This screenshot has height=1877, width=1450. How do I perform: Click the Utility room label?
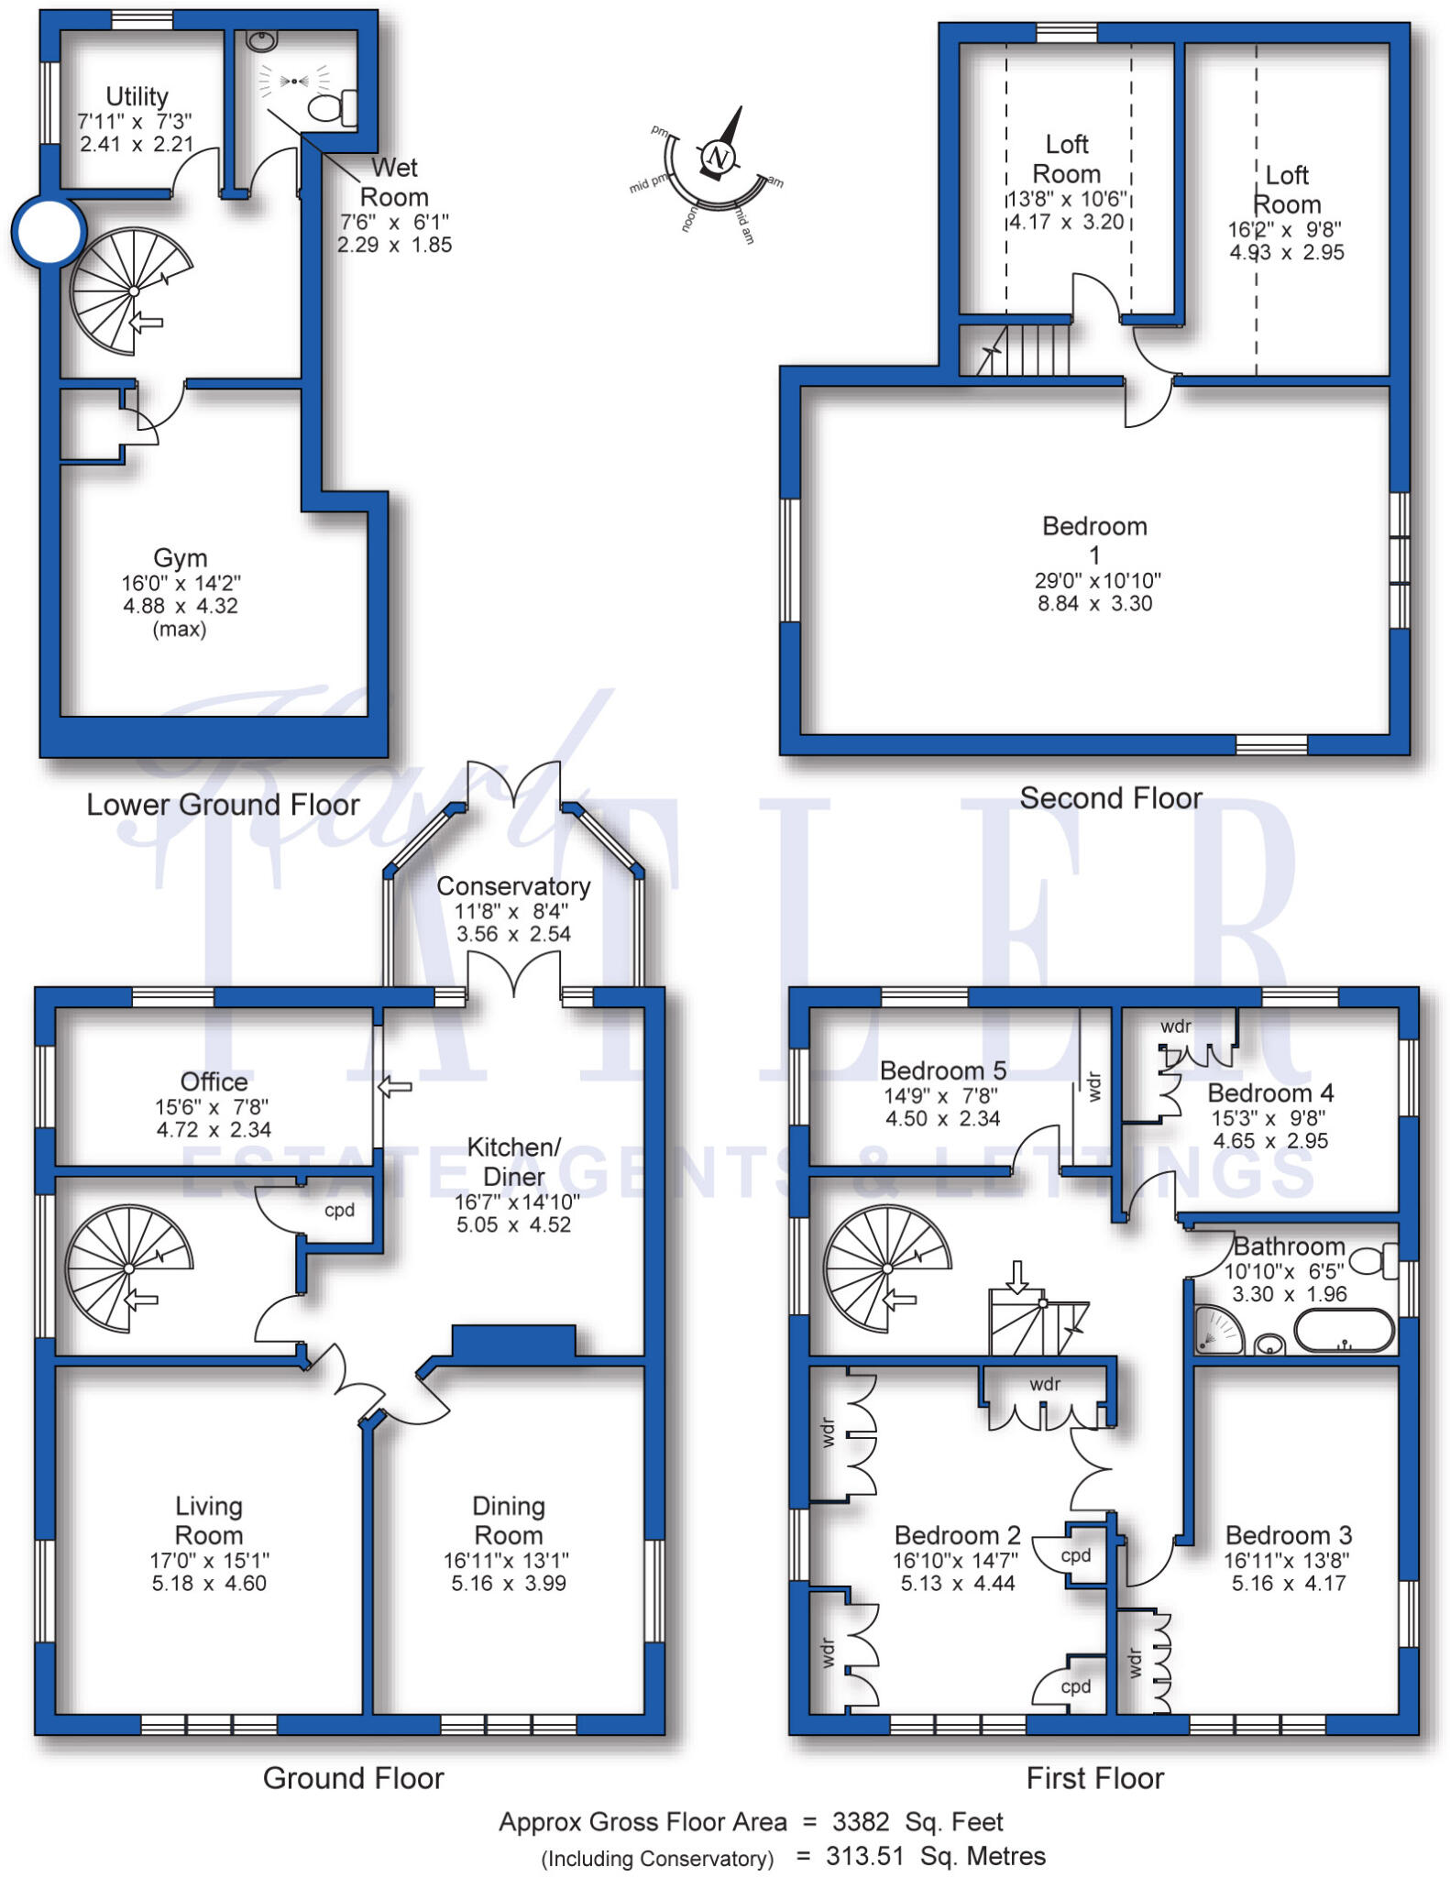pos(137,96)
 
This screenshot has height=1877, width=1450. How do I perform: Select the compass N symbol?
pos(718,158)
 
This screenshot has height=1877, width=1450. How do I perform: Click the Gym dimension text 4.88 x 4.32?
pos(181,606)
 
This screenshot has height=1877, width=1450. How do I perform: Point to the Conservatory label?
pos(513,886)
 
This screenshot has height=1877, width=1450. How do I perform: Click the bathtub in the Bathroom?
pos(1344,1330)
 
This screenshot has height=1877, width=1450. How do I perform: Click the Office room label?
pos(214,1081)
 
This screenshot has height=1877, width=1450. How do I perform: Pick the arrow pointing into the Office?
pos(395,1087)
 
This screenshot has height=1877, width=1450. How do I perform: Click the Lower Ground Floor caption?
pos(223,805)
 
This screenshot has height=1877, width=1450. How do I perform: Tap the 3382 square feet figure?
pos(861,1821)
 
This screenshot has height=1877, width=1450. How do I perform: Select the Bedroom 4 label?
pos(1270,1093)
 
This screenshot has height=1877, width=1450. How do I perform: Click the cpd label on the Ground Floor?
pos(339,1211)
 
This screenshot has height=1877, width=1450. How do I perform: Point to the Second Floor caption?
pos(1111,798)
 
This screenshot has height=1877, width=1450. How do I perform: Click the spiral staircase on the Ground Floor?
pos(129,1268)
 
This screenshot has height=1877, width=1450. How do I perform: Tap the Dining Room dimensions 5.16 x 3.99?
pos(509,1583)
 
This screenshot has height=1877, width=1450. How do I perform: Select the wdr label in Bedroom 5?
pos(1093,1086)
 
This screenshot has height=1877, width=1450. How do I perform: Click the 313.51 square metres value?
pos(864,1856)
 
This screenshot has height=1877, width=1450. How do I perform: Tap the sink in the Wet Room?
pos(263,40)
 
